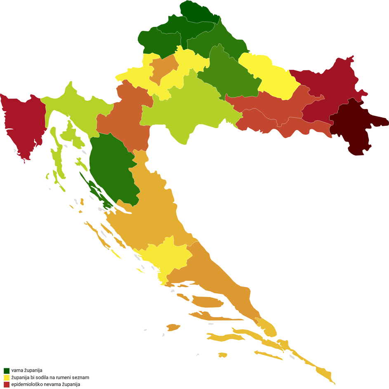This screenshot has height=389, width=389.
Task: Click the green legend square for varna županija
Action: tap(7, 370)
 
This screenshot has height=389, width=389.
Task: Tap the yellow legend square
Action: tap(7, 377)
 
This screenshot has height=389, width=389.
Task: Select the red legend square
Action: tap(7, 384)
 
